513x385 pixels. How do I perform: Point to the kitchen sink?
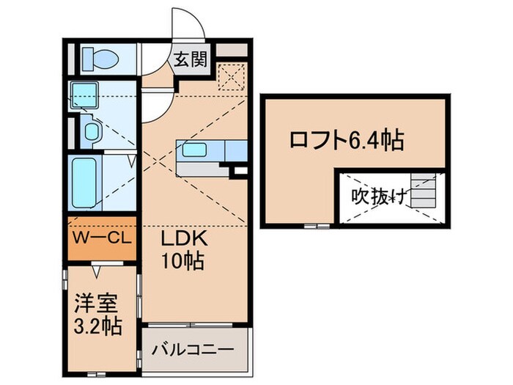coord(195,151)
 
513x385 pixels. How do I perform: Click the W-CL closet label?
coord(102,240)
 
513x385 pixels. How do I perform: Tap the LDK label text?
coord(184,240)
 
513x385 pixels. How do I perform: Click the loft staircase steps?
coord(423,192)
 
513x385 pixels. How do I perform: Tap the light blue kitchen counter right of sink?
coord(235,150)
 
